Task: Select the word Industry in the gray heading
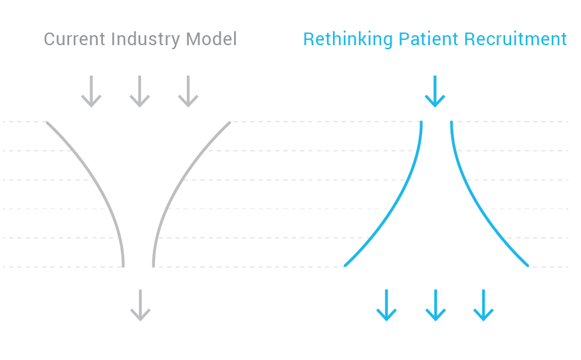click(146, 40)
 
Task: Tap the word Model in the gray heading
click(211, 39)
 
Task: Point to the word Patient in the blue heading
click(428, 39)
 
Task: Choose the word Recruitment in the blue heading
click(515, 39)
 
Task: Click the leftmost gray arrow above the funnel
click(91, 92)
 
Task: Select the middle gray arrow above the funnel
click(140, 92)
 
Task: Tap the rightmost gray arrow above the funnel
click(188, 92)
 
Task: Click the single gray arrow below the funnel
click(140, 305)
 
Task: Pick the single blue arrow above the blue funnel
click(435, 92)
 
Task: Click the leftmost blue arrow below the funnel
click(386, 305)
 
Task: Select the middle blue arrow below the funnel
click(435, 305)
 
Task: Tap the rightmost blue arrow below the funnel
click(483, 305)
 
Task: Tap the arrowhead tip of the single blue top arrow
click(435, 107)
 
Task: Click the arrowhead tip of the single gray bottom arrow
click(140, 321)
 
